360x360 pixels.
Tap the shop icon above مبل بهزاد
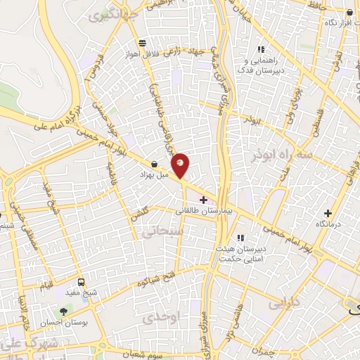coord(154,164)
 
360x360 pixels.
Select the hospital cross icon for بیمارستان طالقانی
coord(203,200)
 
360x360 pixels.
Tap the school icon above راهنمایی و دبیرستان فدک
coord(261,50)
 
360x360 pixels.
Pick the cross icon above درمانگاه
coord(327,213)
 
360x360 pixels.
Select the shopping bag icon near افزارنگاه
coord(349,12)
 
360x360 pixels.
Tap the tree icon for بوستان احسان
coord(65,310)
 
